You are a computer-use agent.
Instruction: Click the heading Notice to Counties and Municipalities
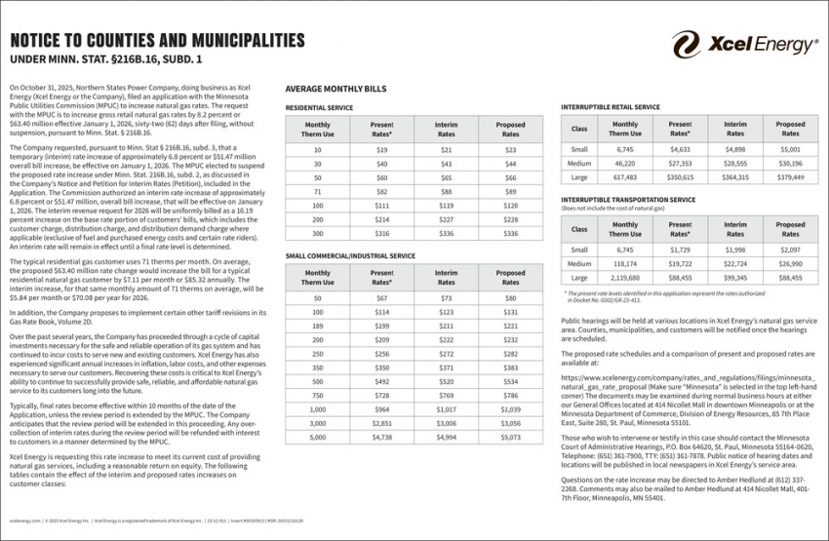pos(156,40)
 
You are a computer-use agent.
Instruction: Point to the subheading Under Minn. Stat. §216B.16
pos(105,60)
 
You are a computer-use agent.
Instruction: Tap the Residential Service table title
pos(319,107)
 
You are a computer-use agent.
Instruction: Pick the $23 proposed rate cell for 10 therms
pos(510,150)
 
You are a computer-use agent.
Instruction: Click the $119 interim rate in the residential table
pos(446,207)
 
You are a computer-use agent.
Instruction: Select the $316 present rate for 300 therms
pos(381,234)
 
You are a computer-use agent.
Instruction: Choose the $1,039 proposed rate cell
pos(510,410)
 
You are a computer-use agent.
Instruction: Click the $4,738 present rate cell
pos(381,439)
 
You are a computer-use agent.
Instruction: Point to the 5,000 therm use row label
pos(318,439)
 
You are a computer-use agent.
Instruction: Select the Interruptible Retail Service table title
pos(611,107)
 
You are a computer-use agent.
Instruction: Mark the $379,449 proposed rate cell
pos(790,177)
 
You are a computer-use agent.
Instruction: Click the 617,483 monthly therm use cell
pos(625,177)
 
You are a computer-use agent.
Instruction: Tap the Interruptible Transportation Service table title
pos(628,199)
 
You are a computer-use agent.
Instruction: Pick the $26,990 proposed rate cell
pos(790,263)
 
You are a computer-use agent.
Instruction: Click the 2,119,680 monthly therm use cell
pos(625,277)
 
